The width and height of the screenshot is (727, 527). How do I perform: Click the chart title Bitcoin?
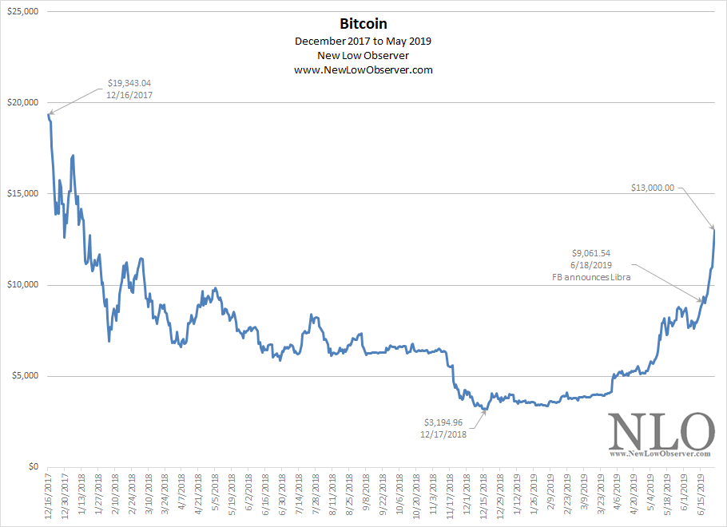363,25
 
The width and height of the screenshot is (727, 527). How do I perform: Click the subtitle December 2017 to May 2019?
363,40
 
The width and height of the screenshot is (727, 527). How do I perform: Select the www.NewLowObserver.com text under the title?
363,70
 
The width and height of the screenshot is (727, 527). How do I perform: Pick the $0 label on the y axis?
30,467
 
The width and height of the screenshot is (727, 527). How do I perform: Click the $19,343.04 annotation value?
129,82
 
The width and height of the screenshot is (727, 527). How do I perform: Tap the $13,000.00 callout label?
652,188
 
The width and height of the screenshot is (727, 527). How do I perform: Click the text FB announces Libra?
592,276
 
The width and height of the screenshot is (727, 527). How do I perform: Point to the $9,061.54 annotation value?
592,253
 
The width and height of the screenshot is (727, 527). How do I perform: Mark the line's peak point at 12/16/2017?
48,113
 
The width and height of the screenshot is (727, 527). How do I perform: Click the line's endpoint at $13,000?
713,230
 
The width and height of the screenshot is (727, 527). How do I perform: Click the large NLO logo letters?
661,433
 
